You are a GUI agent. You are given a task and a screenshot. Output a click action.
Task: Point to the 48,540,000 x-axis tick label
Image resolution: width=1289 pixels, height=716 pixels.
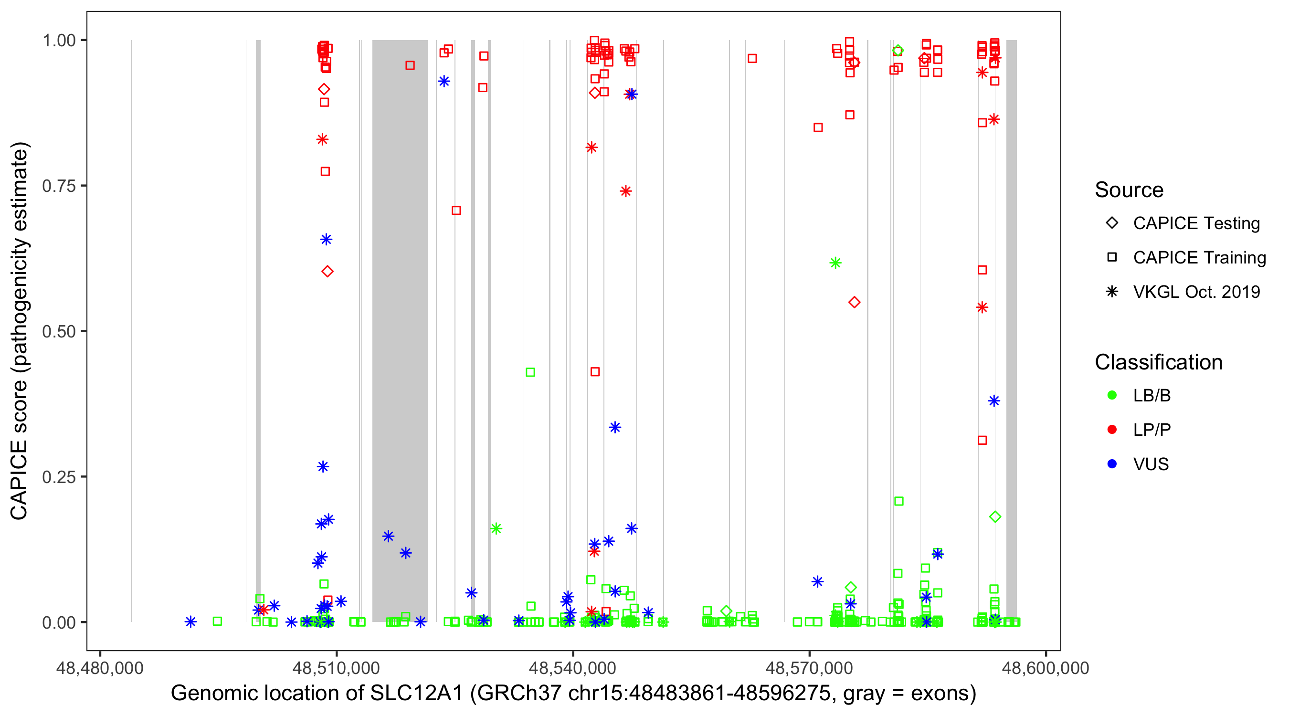[572, 668]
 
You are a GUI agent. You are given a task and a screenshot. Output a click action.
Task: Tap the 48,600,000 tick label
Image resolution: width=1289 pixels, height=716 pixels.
[1046, 668]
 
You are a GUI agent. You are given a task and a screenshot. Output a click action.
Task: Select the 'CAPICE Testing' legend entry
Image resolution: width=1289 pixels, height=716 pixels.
[1196, 223]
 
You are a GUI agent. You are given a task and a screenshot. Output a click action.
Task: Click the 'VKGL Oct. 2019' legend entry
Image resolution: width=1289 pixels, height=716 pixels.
[1196, 292]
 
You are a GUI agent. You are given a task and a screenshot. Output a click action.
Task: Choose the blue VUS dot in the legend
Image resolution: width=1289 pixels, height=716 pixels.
[1112, 464]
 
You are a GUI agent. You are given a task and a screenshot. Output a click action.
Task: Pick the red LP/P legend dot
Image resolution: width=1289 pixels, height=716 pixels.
[1112, 429]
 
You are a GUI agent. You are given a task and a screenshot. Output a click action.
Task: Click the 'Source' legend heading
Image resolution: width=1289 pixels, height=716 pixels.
[1129, 190]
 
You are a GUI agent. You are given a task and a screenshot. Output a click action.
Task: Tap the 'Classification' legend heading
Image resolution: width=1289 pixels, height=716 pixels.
[1158, 362]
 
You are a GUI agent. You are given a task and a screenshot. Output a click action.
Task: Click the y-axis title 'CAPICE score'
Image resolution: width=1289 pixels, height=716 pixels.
[20, 331]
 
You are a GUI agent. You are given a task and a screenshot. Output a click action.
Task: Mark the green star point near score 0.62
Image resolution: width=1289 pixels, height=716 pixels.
[835, 263]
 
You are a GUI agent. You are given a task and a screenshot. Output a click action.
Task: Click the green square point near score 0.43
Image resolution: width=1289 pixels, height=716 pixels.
[530, 372]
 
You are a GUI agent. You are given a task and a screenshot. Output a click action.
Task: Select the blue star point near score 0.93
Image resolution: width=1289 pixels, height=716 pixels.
[444, 82]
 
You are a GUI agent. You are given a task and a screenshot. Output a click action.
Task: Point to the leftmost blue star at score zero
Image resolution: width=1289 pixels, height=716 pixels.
[190, 622]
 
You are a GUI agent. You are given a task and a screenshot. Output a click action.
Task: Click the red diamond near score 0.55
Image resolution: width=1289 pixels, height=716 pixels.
[854, 302]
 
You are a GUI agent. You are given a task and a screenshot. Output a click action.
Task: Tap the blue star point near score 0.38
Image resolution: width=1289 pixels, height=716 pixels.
[994, 401]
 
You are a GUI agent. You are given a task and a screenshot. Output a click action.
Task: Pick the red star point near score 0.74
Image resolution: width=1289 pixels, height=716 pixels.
[625, 191]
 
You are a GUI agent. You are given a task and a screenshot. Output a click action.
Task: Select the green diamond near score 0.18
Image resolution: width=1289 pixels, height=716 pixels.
[995, 517]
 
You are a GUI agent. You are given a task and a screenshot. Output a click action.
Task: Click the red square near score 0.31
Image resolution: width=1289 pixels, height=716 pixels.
[982, 440]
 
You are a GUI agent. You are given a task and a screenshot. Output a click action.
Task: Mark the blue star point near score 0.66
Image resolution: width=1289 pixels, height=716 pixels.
[326, 240]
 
